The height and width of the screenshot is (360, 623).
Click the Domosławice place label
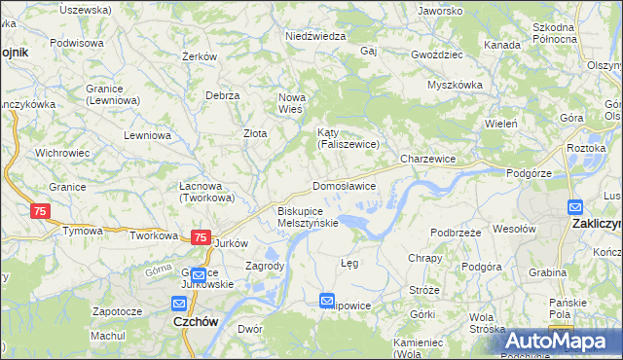pos(344,186)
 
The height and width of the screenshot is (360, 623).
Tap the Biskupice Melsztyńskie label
pos(308,216)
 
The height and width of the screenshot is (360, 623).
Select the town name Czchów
pos(193,321)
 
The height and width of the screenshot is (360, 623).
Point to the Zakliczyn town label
pos(594,223)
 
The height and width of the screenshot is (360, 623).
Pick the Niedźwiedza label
pos(315,36)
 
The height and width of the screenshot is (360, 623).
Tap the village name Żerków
pos(199,56)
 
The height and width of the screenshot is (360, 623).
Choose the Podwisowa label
pos(77,43)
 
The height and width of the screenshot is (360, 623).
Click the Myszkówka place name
pos(455,85)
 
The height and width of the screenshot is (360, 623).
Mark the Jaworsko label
pos(439,11)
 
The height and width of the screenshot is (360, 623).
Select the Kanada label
pos(501,45)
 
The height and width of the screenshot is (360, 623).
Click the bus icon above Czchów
pos(198,275)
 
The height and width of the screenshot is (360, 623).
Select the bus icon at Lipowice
pos(327,302)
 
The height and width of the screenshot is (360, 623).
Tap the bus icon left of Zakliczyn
pos(575,206)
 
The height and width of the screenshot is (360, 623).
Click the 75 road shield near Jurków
pos(200,237)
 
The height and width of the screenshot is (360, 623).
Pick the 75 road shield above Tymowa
pos(40,211)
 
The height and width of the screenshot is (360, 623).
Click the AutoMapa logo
pos(563,342)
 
